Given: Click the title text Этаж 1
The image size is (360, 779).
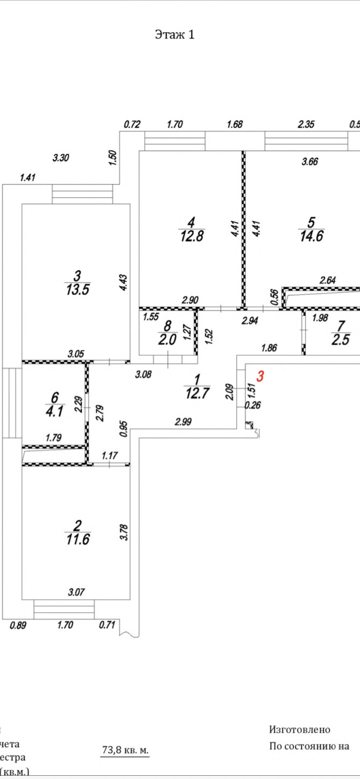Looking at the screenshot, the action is coord(174,35).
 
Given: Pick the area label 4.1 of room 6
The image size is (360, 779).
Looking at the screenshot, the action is coord(54,411).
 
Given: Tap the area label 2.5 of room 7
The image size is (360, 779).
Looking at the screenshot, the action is coord(341,341).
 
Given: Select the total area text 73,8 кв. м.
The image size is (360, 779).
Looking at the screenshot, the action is coord(125,749).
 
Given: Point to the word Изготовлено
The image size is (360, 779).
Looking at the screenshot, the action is coord(299,730).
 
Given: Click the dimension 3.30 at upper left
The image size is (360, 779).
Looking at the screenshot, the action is coord(61,158).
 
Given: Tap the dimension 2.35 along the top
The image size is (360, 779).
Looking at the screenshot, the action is coord(307,124).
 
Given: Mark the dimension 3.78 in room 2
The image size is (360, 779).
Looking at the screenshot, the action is coord(125,529).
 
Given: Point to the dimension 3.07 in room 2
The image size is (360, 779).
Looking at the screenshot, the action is coord(76,593).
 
